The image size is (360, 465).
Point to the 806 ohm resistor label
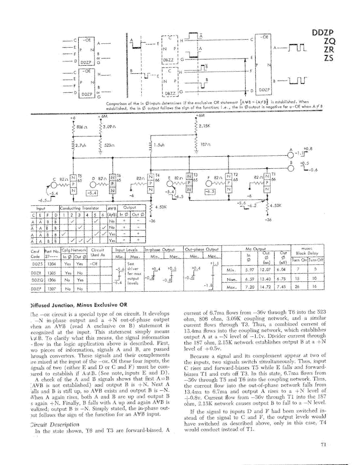click(x=83, y=128)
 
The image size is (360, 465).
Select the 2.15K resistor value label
click(x=204, y=126)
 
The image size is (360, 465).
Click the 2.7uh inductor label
click(x=81, y=145)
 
